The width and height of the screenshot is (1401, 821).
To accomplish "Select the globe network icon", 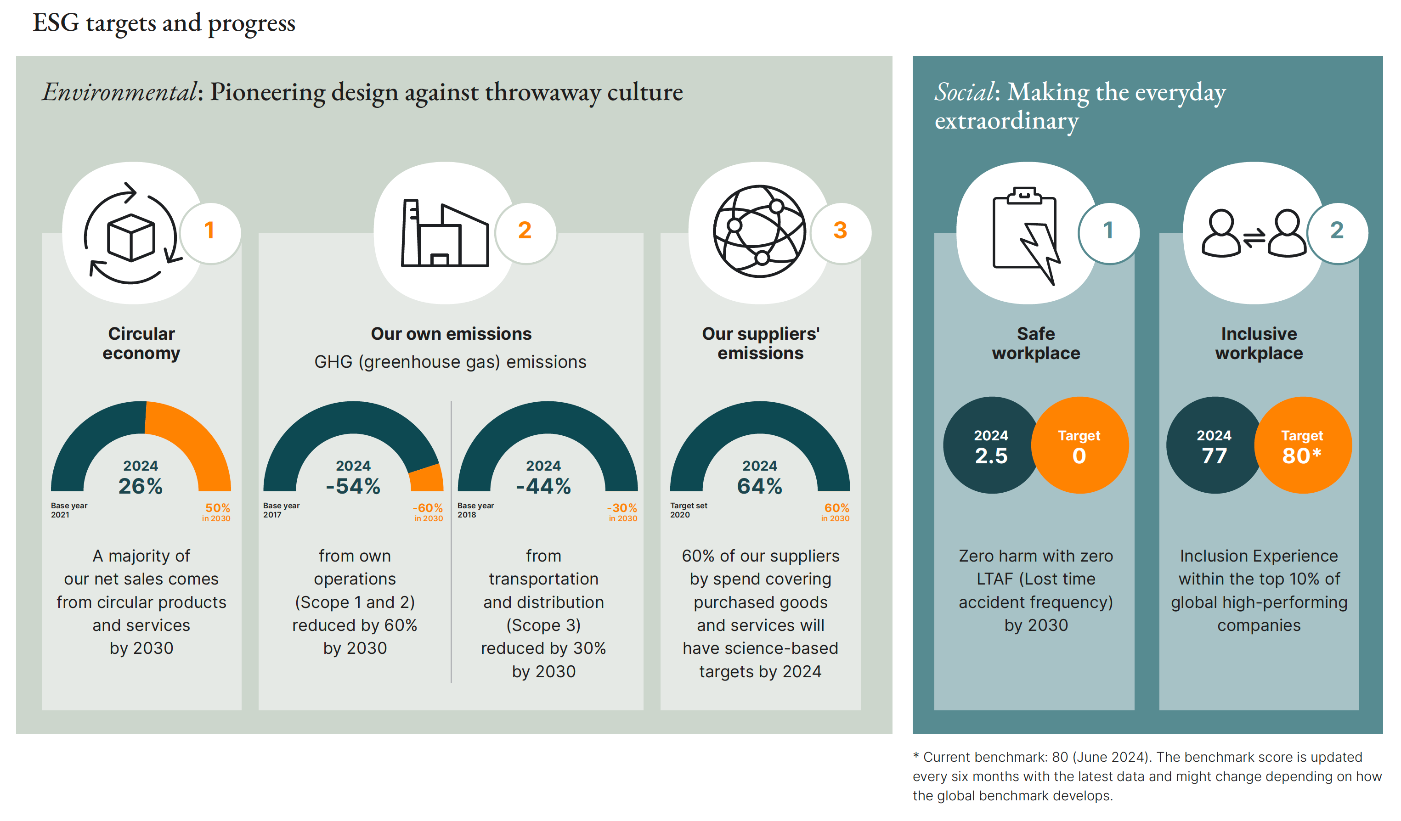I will point(759,231).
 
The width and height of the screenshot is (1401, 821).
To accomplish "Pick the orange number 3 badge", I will point(840,231).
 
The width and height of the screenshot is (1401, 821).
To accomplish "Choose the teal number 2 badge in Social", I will point(1337,231).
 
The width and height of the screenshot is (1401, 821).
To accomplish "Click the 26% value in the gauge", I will point(141,486).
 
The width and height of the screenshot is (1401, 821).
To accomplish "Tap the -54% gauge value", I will point(353,486).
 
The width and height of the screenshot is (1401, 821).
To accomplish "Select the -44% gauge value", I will point(543,486).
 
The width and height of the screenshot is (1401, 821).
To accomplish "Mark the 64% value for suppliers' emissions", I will point(759,486).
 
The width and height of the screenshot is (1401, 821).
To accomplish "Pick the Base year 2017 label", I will point(281,510).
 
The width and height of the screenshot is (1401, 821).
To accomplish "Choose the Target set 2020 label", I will point(688,510).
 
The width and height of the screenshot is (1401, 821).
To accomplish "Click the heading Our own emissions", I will point(451,333).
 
